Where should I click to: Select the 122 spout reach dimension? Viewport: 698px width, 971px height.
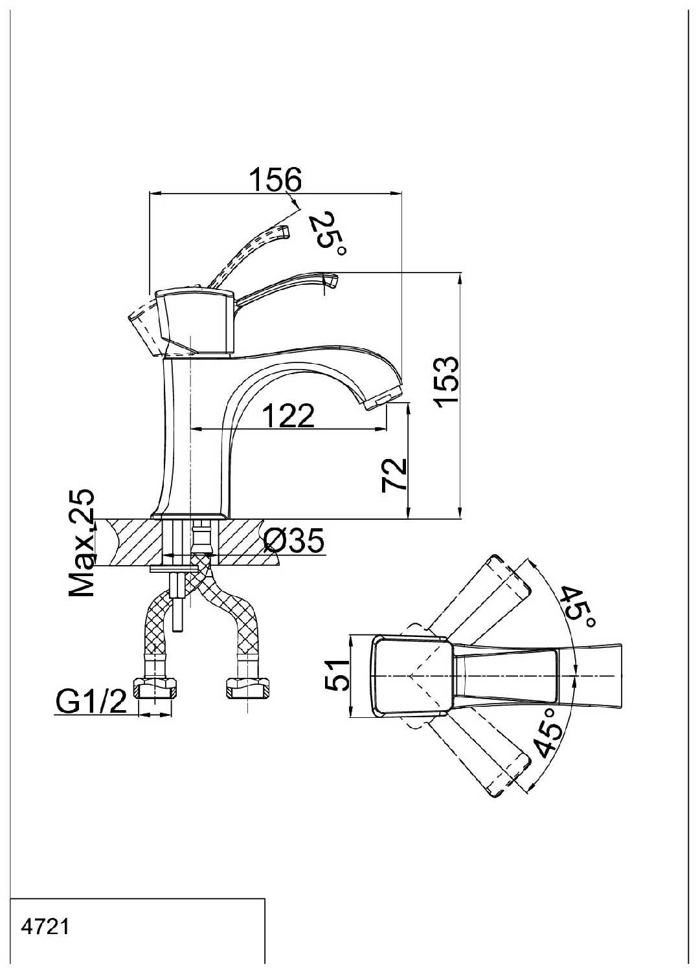pyautogui.click(x=288, y=416)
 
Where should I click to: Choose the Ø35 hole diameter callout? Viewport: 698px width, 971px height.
pyautogui.click(x=294, y=541)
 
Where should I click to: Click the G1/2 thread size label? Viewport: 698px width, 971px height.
pyautogui.click(x=91, y=701)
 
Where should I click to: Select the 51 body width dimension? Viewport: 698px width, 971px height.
pyautogui.click(x=337, y=676)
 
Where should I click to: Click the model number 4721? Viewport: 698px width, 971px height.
pyautogui.click(x=45, y=927)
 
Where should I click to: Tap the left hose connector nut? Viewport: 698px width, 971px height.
pyautogui.click(x=155, y=688)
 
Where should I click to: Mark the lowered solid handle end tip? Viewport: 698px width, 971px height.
pyautogui.click(x=330, y=280)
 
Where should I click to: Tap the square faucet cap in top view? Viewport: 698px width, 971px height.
pyautogui.click(x=410, y=676)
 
